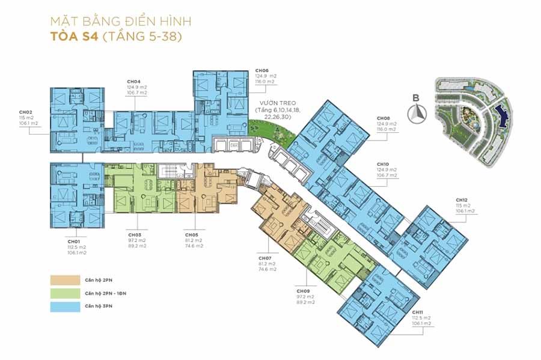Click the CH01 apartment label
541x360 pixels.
click(x=74, y=242)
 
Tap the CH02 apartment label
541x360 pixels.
click(x=25, y=112)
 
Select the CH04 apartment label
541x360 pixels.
click(x=133, y=82)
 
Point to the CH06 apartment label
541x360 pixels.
click(x=261, y=70)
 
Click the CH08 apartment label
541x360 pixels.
click(x=384, y=118)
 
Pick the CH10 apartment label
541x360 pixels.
click(x=383, y=165)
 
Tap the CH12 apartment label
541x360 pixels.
click(x=462, y=200)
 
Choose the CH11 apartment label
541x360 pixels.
click(x=418, y=312)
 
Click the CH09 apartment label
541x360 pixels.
click(x=302, y=291)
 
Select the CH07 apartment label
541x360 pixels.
click(x=265, y=258)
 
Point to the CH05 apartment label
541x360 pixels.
click(x=191, y=235)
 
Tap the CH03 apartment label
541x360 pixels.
click(x=135, y=235)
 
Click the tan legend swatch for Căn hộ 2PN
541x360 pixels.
click(x=65, y=280)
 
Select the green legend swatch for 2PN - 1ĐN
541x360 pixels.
click(x=65, y=293)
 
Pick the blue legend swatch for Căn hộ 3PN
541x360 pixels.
click(x=65, y=307)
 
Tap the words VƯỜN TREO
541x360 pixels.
click(x=279, y=103)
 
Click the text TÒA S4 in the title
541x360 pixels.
click(x=75, y=36)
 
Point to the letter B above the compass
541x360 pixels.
click(x=417, y=97)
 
